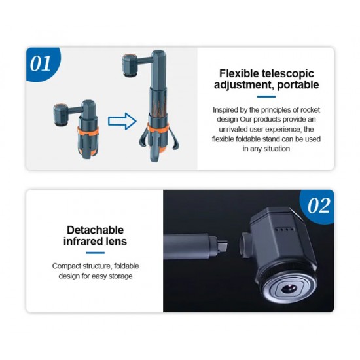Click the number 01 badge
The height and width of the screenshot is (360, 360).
point(41,63)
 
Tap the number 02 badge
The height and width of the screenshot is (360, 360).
point(319,206)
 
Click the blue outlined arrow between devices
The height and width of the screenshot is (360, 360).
point(122,121)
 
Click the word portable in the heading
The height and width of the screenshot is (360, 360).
point(298,84)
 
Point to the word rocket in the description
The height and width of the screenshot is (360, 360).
point(310,110)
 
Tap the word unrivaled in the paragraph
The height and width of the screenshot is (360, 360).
point(233,129)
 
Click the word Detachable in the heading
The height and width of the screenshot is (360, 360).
point(96,230)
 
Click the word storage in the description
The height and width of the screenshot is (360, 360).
point(120,276)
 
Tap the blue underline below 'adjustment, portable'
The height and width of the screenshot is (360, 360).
point(266,97)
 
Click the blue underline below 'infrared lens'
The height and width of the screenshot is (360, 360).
point(96,253)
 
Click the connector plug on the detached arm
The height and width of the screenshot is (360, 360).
point(222,245)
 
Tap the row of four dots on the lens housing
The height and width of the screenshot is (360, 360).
point(285,229)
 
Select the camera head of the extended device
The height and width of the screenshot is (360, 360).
point(131,65)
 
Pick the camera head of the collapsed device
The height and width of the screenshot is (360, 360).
point(62,115)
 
